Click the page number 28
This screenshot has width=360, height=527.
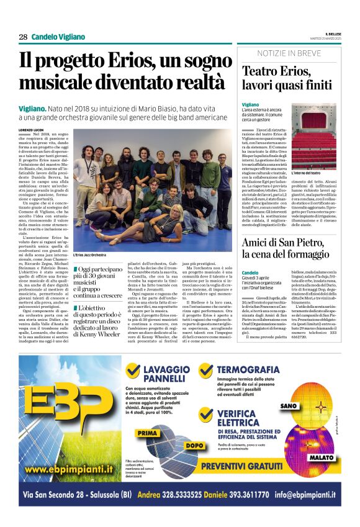click(x=23, y=37)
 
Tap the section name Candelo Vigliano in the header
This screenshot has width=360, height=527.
click(x=58, y=37)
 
